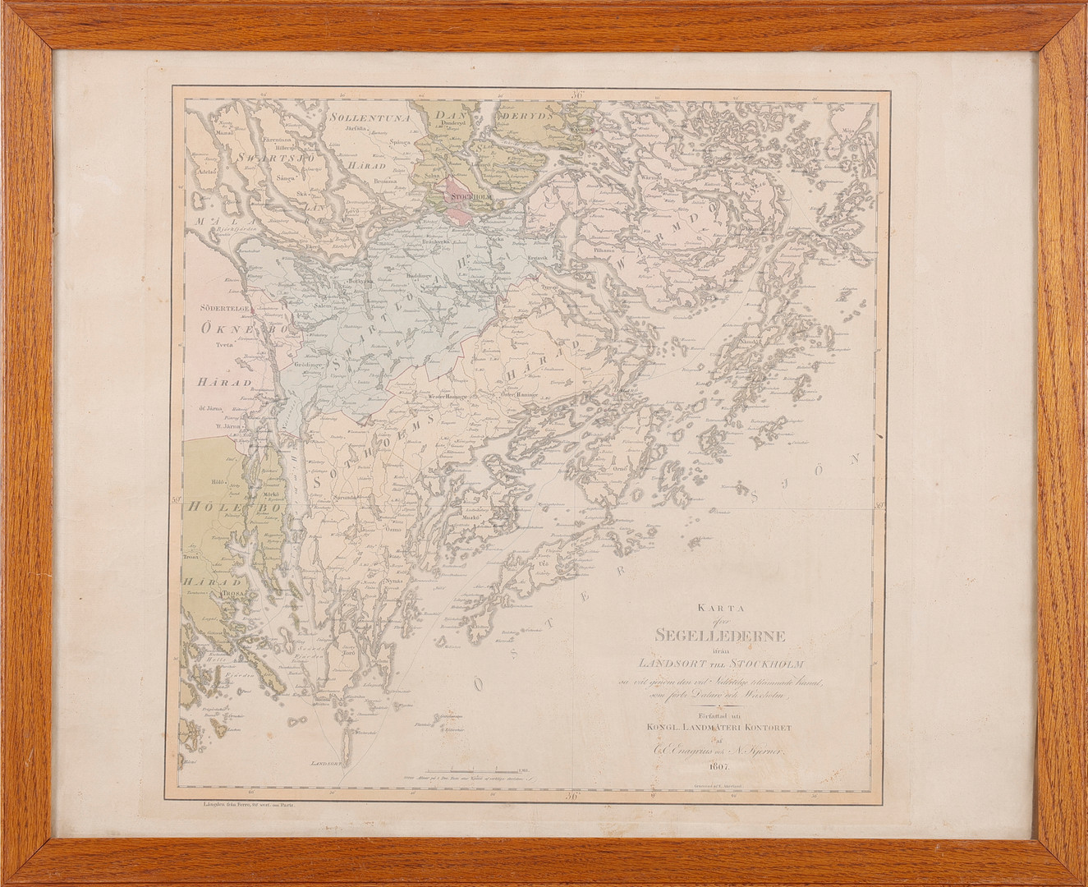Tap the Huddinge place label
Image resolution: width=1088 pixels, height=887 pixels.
tap(419, 277)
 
